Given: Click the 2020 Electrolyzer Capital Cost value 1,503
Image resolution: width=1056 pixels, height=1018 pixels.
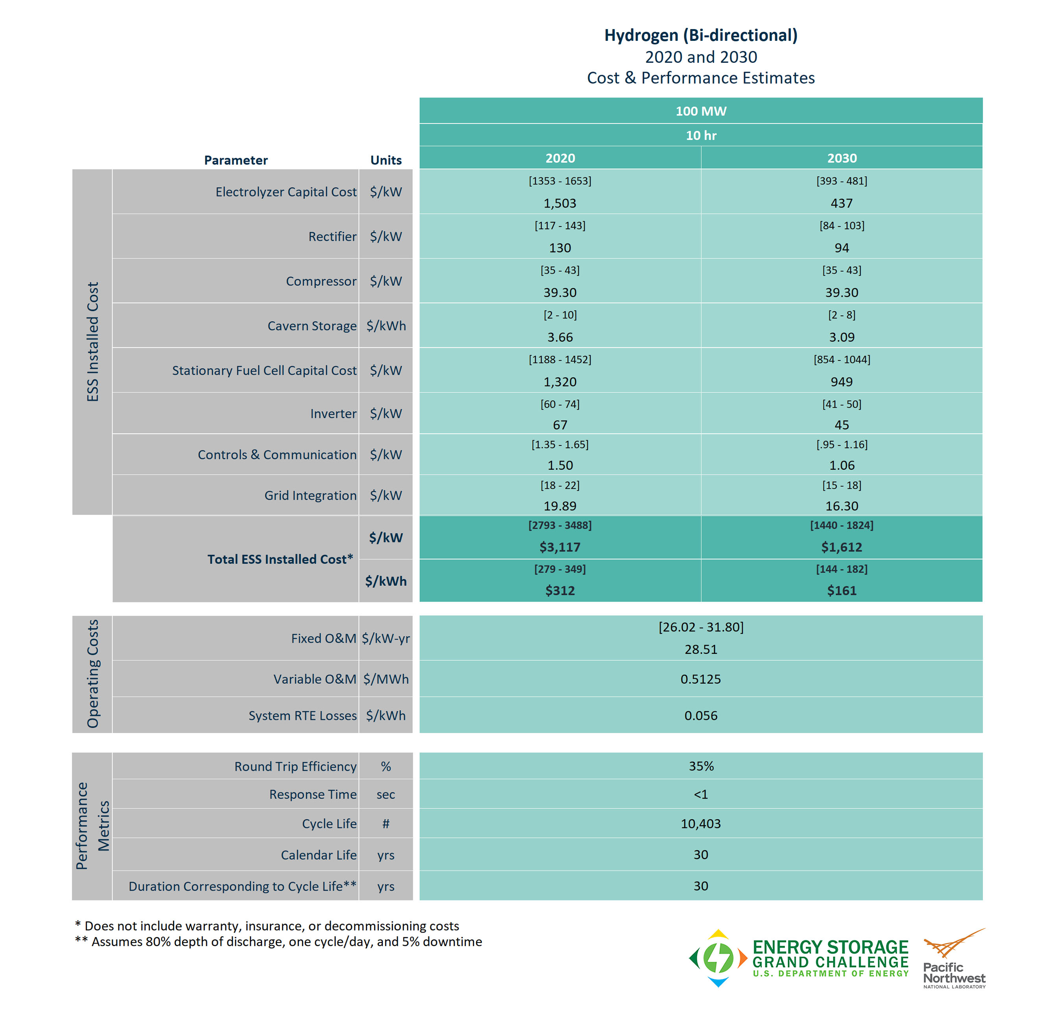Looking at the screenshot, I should pos(560,204).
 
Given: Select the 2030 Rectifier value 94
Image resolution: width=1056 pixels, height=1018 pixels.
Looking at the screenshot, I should pos(842,248).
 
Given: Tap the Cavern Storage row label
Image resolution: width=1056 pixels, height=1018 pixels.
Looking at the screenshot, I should pos(312,326).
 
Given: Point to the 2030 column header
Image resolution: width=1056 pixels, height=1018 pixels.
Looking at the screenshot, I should pos(842,158).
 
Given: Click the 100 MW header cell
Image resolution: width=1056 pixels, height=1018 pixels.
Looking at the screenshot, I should pos(701,111).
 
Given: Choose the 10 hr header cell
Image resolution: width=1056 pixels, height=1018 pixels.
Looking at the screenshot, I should pos(701,136).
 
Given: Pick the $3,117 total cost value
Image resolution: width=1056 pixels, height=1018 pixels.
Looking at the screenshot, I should pos(560,547).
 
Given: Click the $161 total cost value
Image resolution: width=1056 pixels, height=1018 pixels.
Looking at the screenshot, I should pos(842,591).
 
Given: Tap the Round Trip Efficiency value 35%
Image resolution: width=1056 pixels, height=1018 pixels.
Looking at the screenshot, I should pos(701,767).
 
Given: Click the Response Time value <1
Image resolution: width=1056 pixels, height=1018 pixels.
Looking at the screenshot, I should pos(701,795).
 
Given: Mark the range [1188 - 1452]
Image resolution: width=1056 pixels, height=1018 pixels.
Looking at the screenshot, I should pos(560,360).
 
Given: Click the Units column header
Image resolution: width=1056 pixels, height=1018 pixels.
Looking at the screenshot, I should pos(386,160).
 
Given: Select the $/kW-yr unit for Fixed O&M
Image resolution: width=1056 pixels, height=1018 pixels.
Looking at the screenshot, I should pos(386,639).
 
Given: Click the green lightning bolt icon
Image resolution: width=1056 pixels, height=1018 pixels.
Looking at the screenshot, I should pos(719,958).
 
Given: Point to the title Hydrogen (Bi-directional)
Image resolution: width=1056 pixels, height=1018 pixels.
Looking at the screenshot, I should pos(701,35).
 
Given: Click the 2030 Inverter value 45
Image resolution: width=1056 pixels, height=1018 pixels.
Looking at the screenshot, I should pos(842,425).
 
